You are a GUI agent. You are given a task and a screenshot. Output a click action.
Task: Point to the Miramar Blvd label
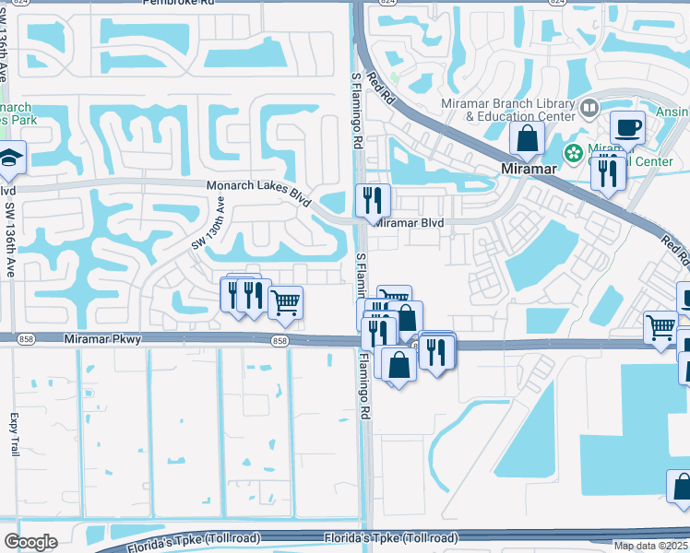410,223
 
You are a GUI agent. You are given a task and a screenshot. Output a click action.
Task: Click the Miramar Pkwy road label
102,340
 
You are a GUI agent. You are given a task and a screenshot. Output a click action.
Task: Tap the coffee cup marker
627,127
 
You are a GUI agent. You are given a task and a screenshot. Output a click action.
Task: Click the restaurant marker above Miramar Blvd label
373,199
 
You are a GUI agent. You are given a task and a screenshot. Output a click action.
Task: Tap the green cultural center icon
573,152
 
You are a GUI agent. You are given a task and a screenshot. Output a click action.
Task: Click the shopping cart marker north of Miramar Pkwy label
285,300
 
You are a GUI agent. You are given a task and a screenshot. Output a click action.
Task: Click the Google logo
30,542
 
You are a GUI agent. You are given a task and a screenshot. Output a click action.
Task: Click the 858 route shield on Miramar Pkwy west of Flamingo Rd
280,342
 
